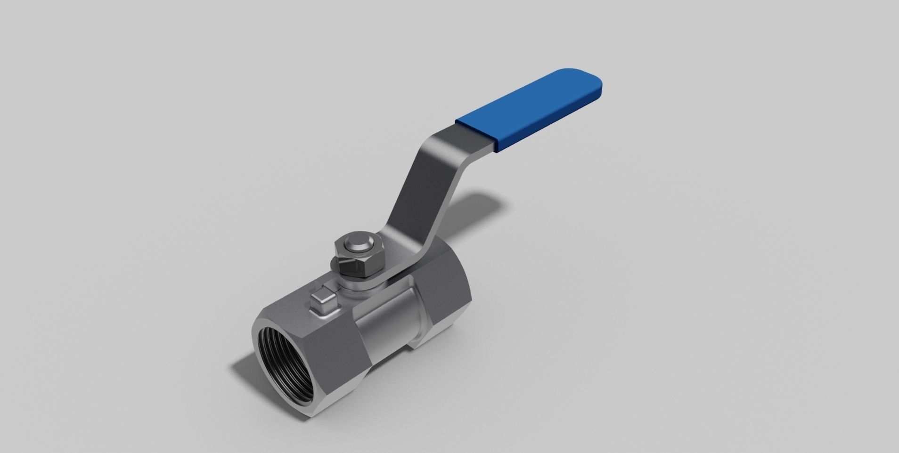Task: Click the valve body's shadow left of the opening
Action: coord(245,372)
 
